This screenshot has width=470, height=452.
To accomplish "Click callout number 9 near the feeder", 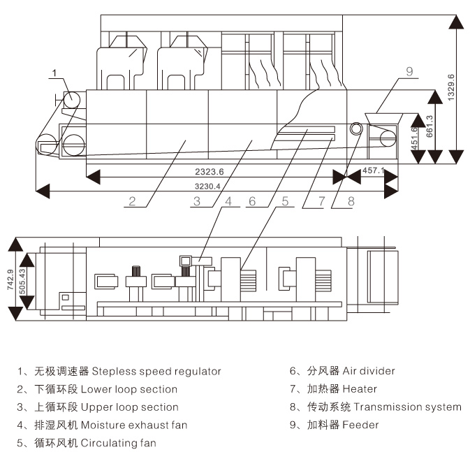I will (409, 71).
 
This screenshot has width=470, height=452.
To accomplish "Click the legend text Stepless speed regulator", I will (156, 371).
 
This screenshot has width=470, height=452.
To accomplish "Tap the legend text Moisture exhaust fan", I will (134, 425).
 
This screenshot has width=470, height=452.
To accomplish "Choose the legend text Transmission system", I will (407, 407).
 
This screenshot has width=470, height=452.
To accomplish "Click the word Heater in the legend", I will (360, 389).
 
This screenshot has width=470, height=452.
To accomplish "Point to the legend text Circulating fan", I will (118, 443).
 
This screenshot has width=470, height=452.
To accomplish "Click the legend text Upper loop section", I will (130, 407).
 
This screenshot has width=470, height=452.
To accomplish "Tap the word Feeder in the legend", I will (361, 425).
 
